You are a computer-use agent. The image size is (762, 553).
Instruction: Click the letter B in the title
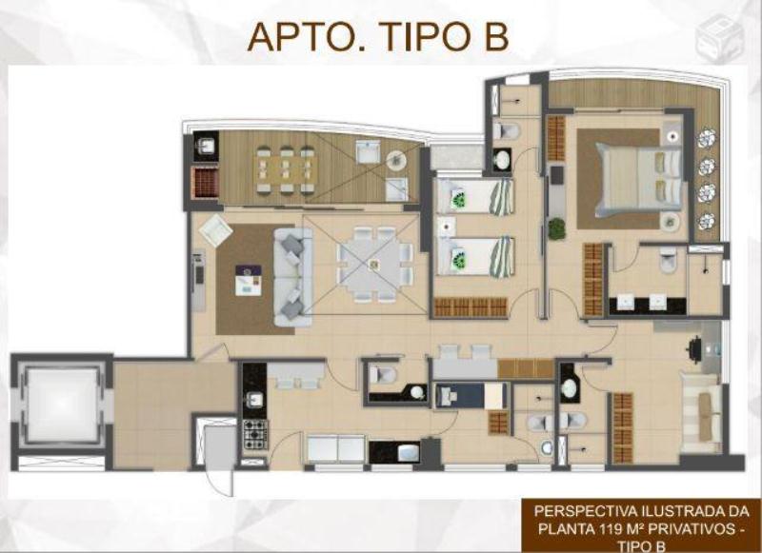(496, 36)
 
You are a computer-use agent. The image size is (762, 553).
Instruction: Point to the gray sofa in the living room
(293, 277)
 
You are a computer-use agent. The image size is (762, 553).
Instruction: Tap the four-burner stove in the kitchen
(255, 434)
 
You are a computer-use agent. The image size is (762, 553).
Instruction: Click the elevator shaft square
(62, 405)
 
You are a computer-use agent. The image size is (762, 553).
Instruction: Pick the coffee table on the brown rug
(249, 280)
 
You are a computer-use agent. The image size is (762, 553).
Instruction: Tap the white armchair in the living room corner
(215, 232)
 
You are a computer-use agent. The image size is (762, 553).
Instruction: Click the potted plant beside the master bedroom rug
(557, 228)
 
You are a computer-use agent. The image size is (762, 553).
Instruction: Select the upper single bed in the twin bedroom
(474, 196)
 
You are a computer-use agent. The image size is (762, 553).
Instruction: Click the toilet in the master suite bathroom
(669, 261)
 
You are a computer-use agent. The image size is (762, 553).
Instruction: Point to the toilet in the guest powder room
(384, 375)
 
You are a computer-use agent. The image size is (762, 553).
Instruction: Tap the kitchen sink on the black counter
(253, 399)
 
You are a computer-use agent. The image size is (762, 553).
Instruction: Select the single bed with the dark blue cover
(470, 396)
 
